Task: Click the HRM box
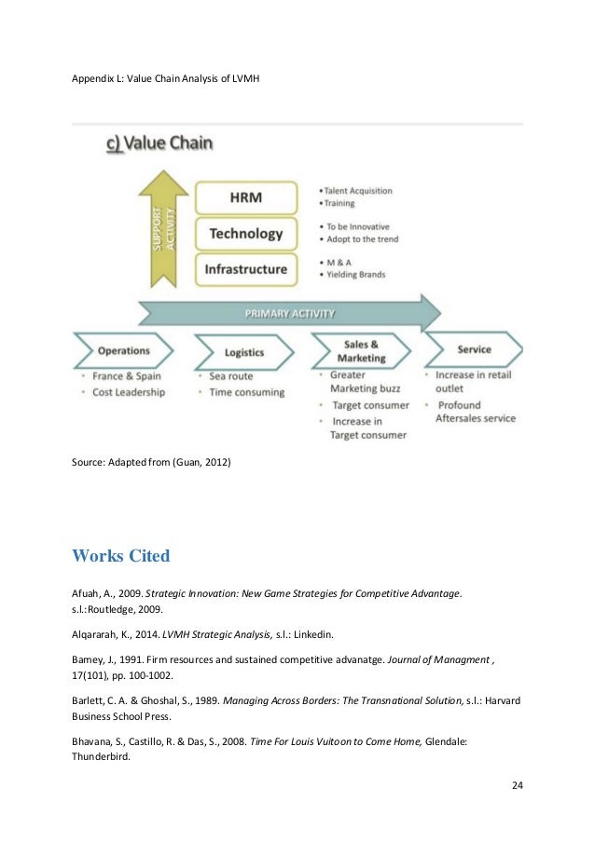246,198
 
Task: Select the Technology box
246,234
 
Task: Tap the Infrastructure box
246,269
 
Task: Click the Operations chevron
123,351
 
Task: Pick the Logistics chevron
243,352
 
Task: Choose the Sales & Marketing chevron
361,351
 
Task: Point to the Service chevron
474,350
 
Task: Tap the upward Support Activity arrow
163,229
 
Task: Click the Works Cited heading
121,557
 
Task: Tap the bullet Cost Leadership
129,392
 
